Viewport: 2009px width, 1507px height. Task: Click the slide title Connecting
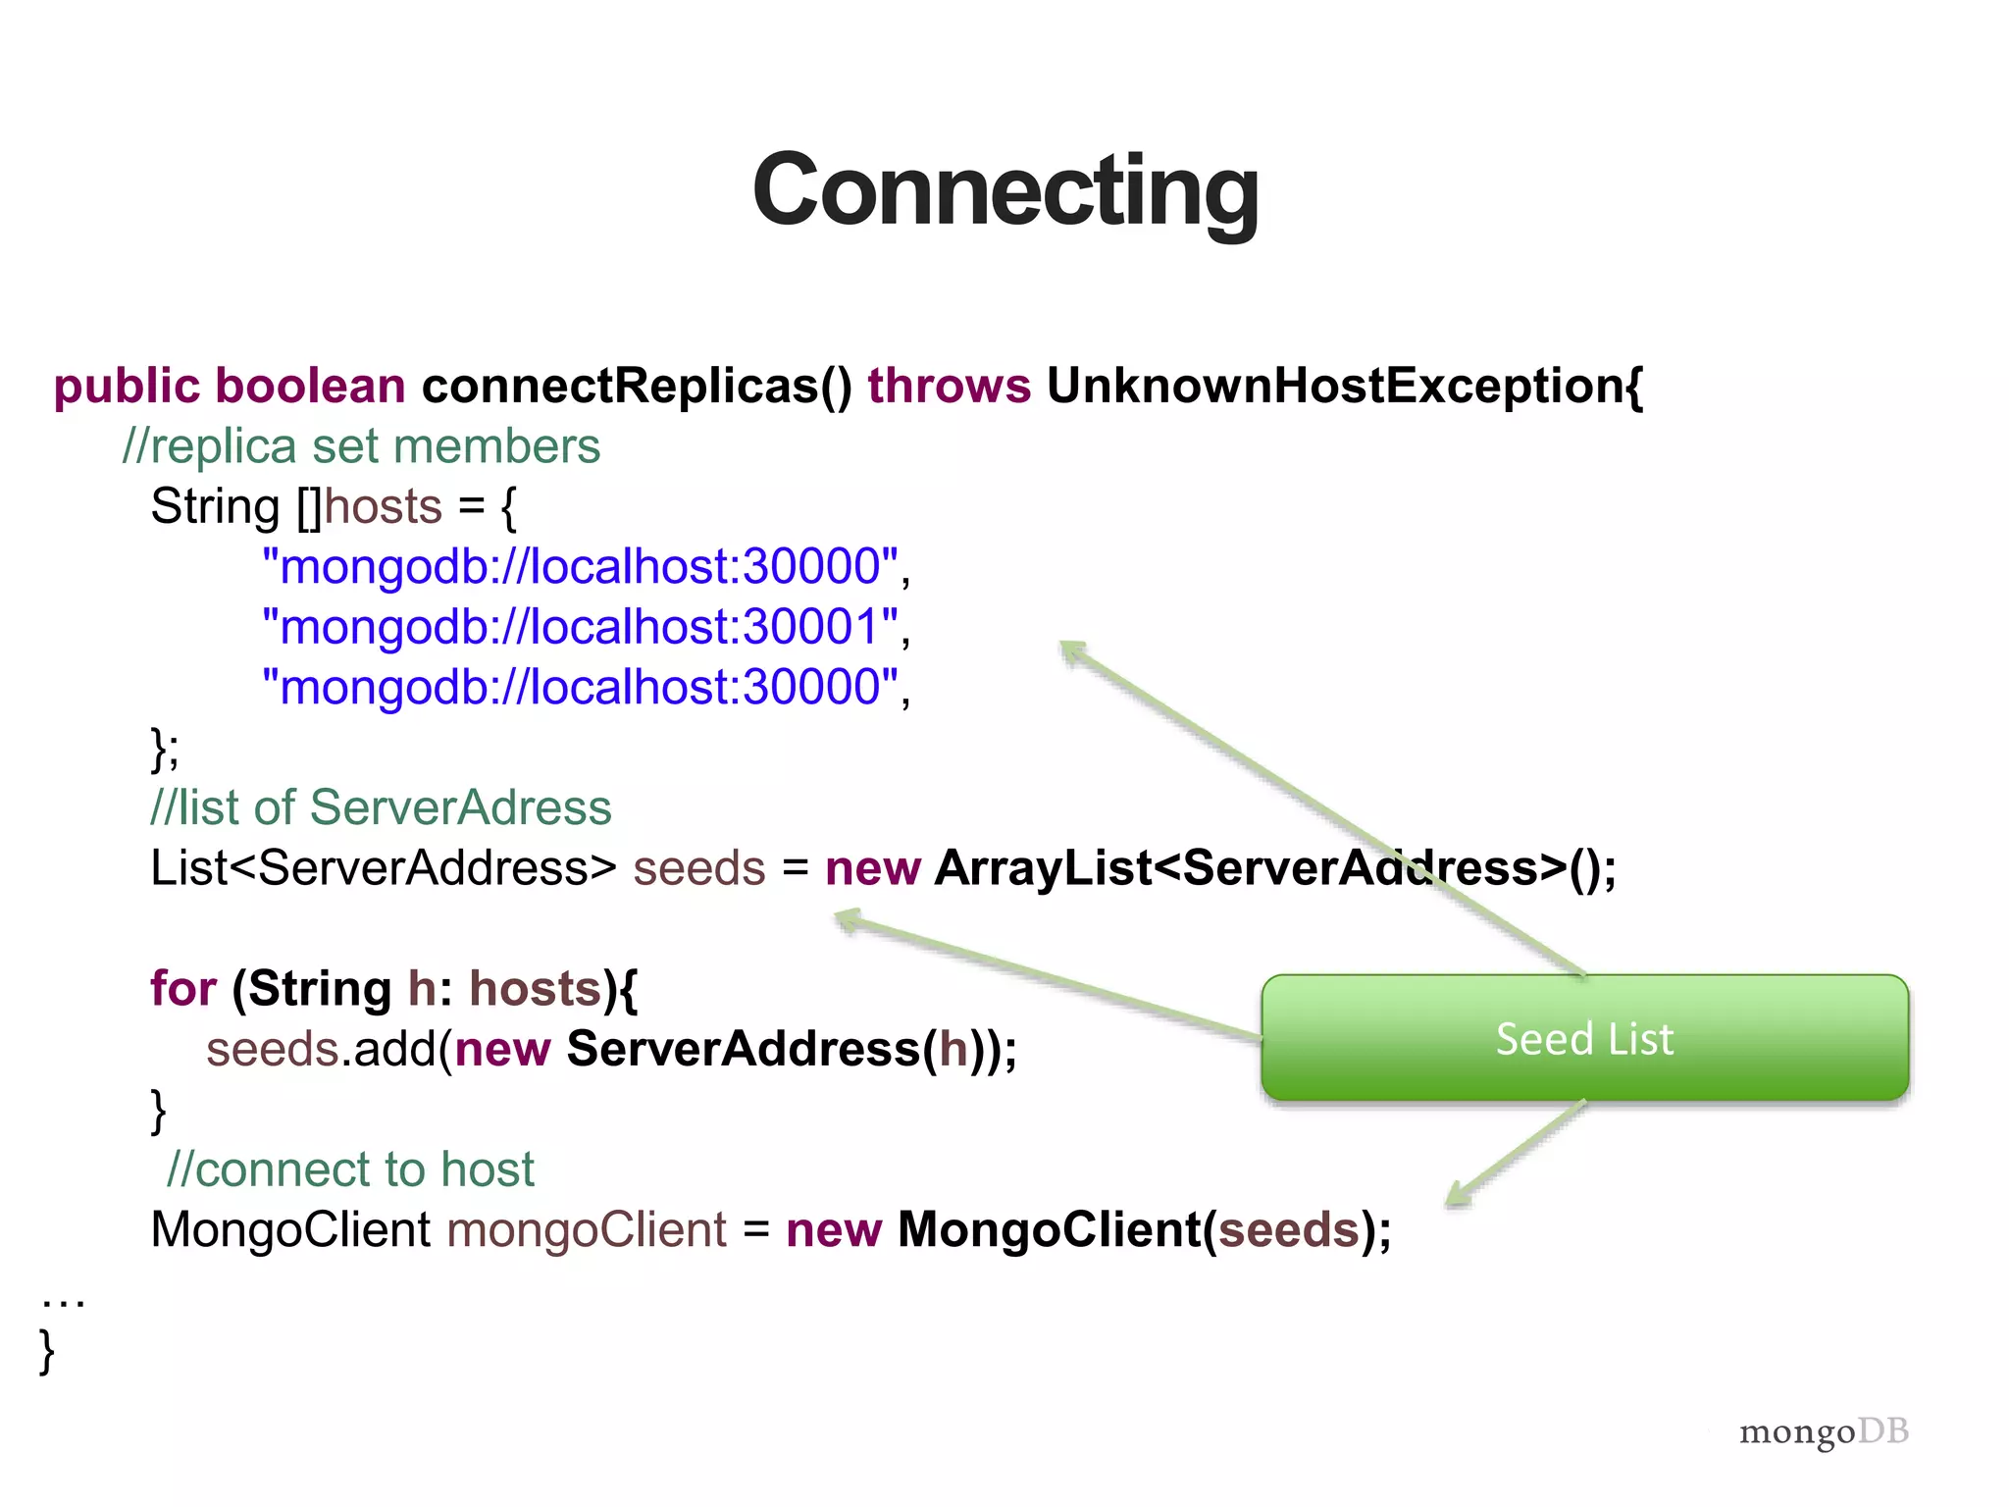(x=1004, y=191)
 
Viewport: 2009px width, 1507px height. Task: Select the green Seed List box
(x=1584, y=1038)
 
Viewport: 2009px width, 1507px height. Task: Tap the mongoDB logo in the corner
(x=1824, y=1432)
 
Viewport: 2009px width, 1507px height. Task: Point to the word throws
(x=949, y=386)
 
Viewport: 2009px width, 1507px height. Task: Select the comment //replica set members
(x=361, y=447)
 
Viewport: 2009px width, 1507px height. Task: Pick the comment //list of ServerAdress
(x=381, y=808)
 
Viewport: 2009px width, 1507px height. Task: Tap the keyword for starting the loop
(x=182, y=989)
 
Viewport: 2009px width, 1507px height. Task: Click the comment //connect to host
(x=350, y=1169)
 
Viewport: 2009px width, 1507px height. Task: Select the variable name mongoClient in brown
(x=587, y=1230)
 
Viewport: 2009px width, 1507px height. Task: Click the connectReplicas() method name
(x=637, y=386)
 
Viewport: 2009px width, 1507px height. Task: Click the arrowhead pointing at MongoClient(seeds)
(x=1459, y=1194)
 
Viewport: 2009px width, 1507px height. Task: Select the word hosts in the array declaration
(x=384, y=507)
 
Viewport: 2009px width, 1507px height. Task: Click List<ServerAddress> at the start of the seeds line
(x=384, y=868)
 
